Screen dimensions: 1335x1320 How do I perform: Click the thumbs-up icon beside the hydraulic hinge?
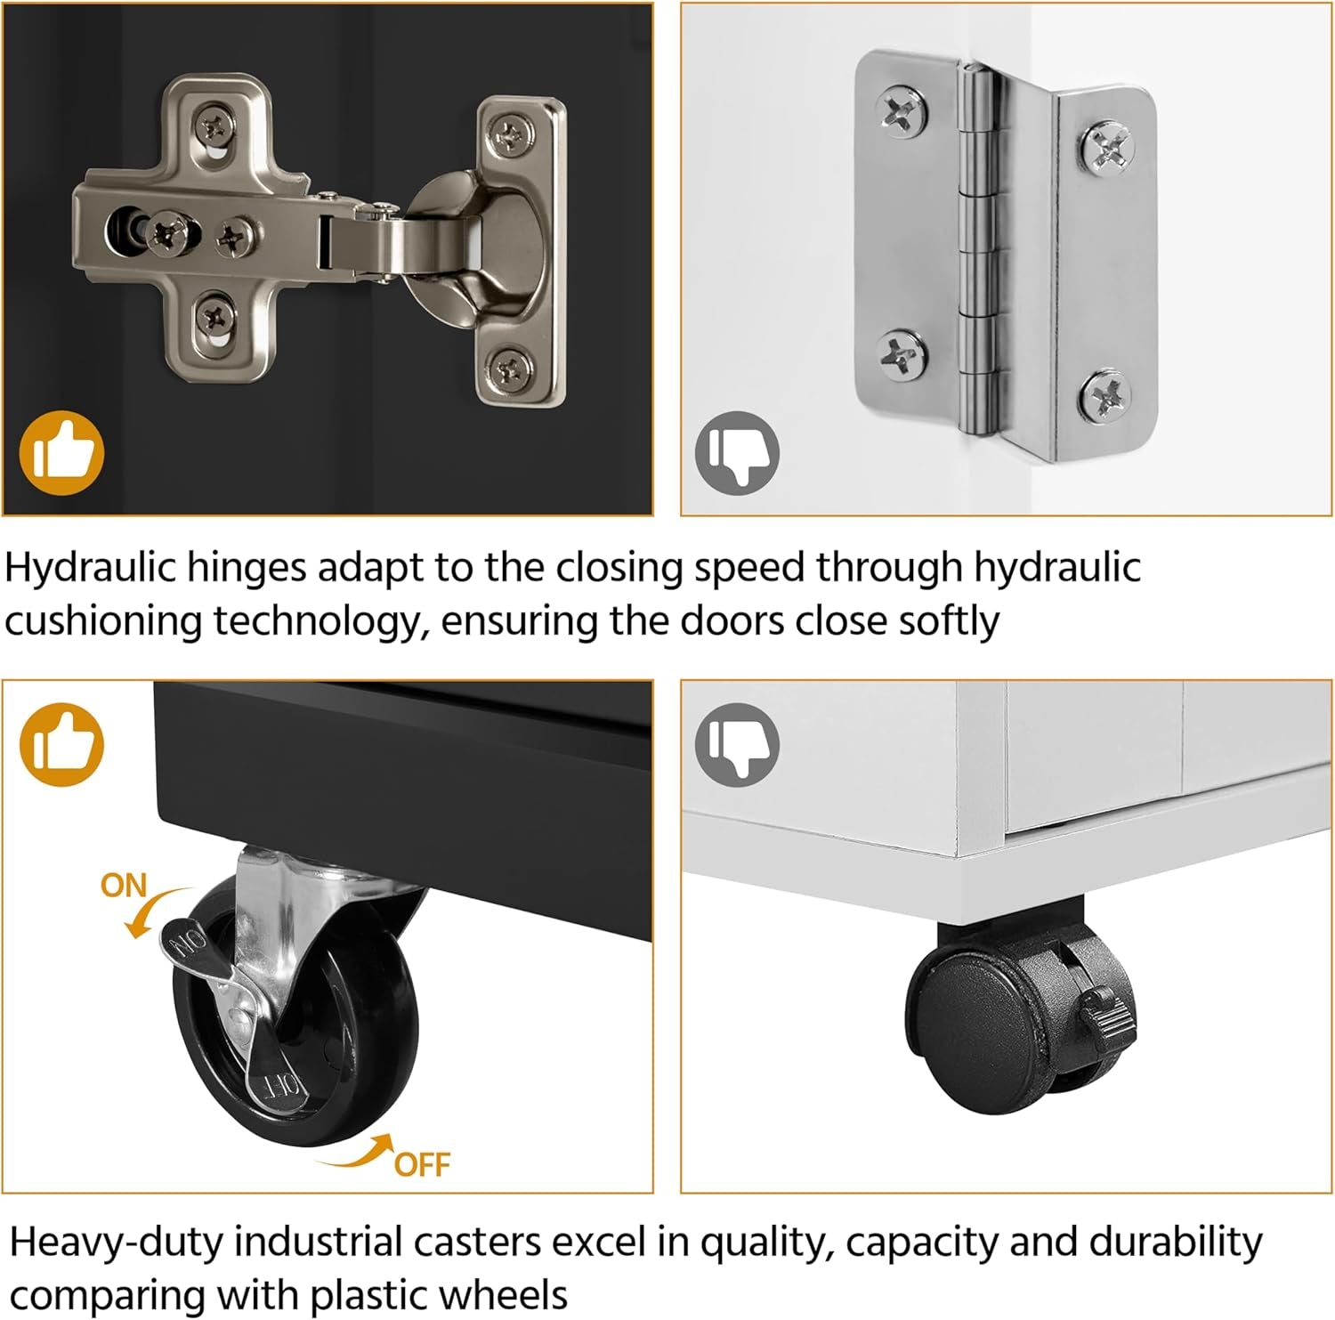coord(62,452)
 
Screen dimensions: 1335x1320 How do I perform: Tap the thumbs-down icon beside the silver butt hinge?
coord(737,453)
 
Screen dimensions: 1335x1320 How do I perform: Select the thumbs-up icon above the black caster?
coord(62,744)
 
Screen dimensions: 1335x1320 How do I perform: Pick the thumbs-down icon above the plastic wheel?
coord(737,744)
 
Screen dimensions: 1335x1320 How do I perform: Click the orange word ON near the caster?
coord(124,886)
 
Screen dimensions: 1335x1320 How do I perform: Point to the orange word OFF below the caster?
coord(422,1164)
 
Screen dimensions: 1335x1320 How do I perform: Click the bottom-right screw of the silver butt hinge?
coord(1106,397)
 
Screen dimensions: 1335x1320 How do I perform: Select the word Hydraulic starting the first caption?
coord(91,568)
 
